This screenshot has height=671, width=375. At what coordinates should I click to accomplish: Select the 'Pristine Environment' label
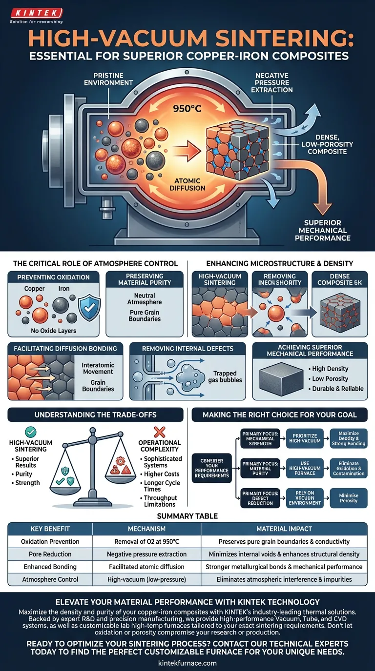[108, 79]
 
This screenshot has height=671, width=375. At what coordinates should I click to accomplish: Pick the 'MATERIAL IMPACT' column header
[284, 529]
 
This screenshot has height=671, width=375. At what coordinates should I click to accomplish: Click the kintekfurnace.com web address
[187, 663]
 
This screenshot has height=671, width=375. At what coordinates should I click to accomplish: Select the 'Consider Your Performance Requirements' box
[211, 469]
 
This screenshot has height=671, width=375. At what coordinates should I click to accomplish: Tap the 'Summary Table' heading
[187, 515]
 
